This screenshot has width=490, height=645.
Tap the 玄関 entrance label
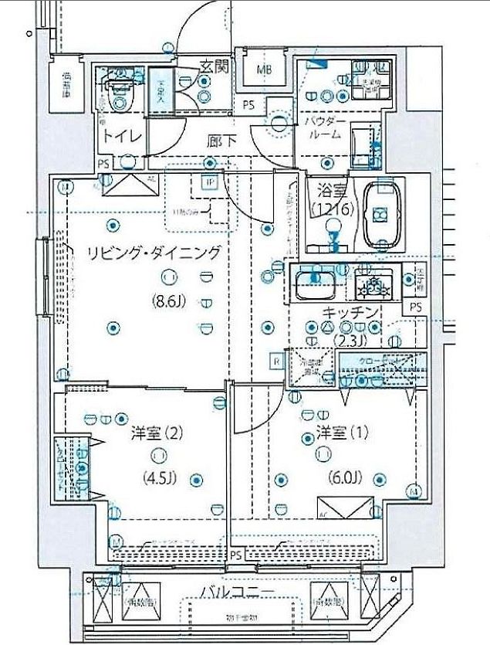pyautogui.click(x=215, y=66)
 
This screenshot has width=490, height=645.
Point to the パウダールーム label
pyautogui.click(x=323, y=127)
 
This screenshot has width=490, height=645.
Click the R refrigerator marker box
pyautogui.click(x=275, y=361)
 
